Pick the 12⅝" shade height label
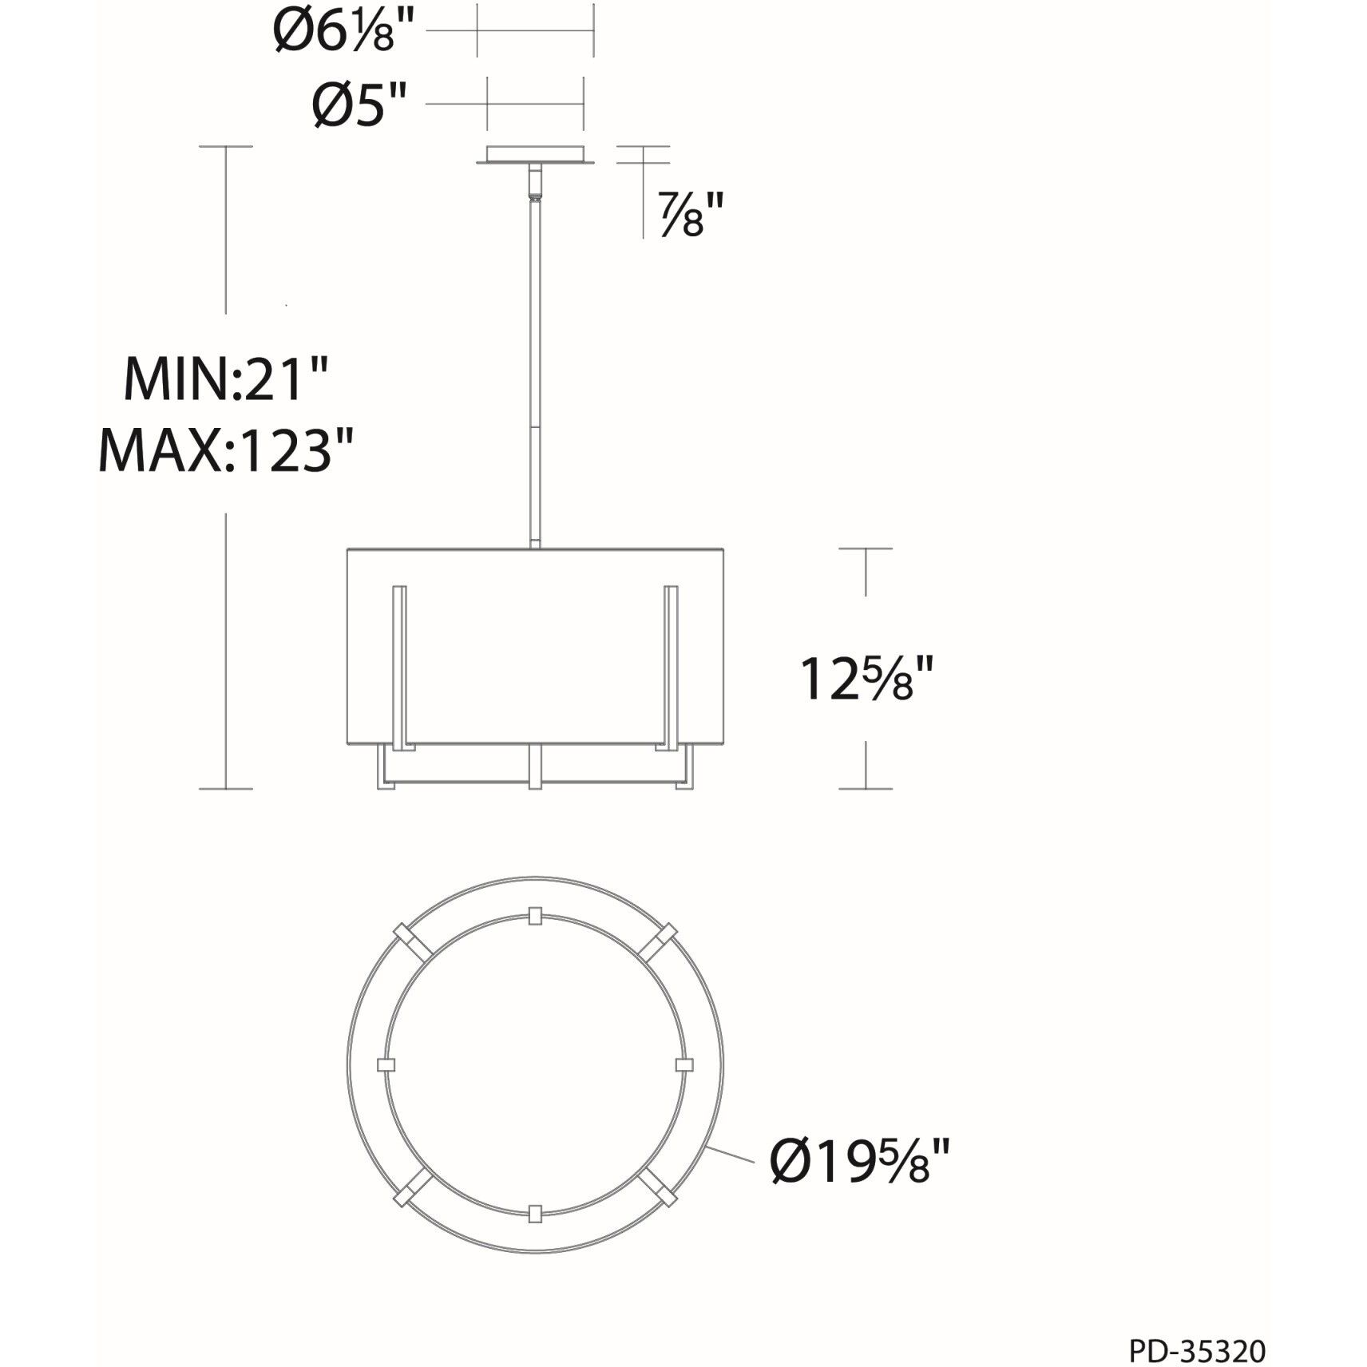pos(866,679)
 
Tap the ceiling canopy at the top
pos(536,155)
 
